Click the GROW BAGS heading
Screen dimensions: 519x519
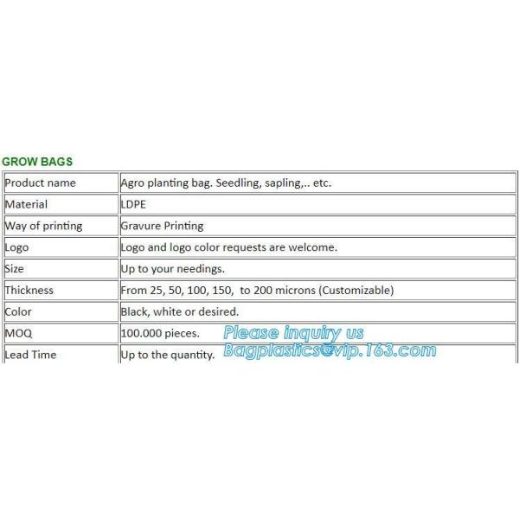pos(37,162)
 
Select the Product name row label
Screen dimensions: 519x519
pos(40,183)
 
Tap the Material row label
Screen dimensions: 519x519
pos(26,204)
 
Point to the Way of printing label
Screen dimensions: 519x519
pos(43,226)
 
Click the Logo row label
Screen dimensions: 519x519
pos(16,247)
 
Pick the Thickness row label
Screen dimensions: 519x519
pos(29,291)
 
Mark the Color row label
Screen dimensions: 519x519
pos(18,311)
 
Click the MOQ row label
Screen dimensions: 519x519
pos(18,333)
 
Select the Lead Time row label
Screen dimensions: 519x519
pos(30,355)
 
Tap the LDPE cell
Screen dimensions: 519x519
pos(133,204)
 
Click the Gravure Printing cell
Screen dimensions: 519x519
pos(162,226)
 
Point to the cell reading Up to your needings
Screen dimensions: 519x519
pos(172,269)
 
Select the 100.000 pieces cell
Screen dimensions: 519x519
pos(160,333)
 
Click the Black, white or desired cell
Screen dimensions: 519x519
pos(179,311)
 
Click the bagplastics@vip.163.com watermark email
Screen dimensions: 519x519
pos(330,350)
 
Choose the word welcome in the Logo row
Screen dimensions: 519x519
pos(311,247)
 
